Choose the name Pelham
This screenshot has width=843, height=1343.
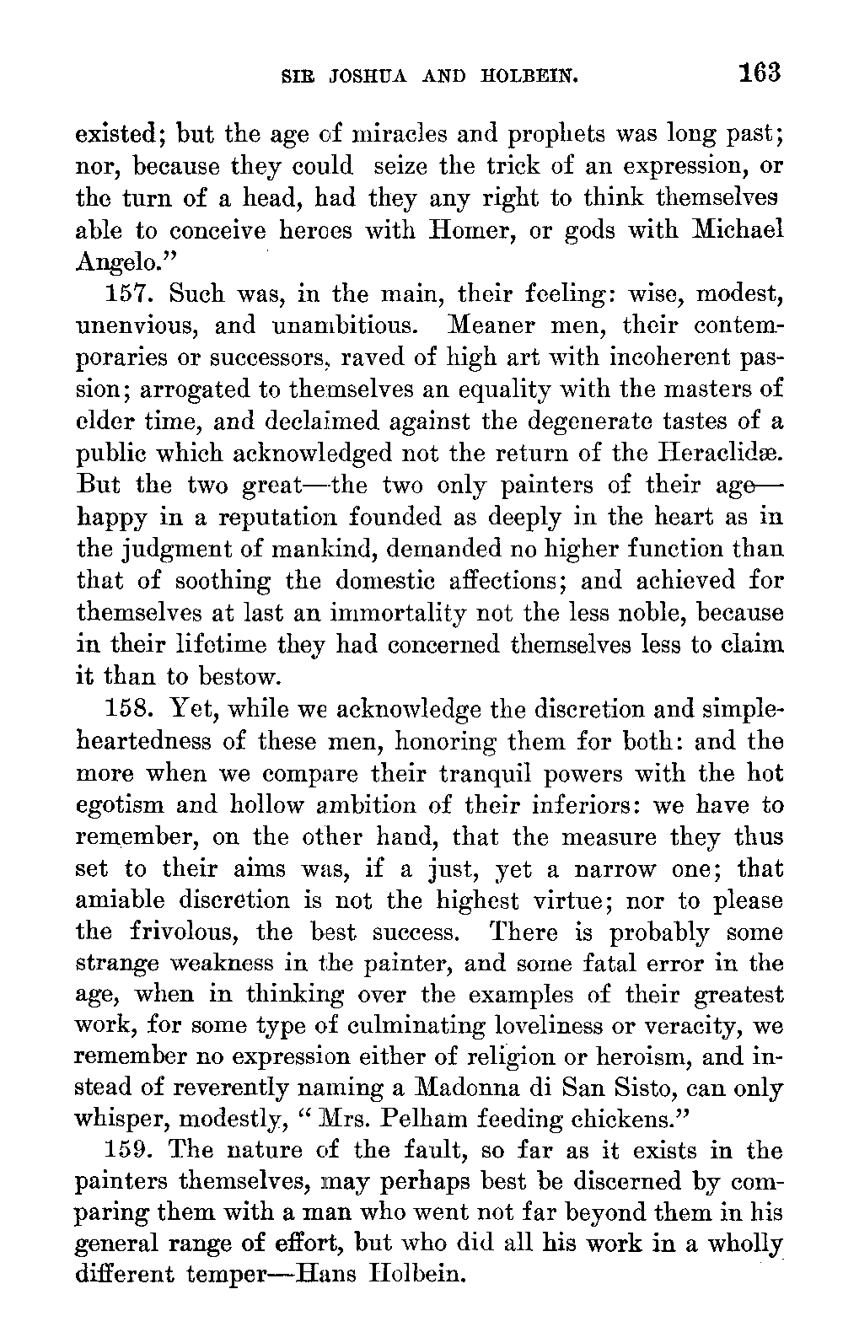click(x=443, y=1120)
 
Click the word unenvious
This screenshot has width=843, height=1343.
click(x=135, y=325)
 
